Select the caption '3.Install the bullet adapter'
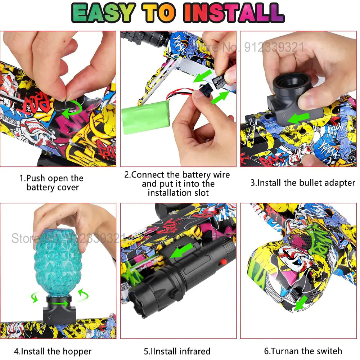303,183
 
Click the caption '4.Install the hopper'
53,351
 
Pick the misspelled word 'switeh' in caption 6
327,351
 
